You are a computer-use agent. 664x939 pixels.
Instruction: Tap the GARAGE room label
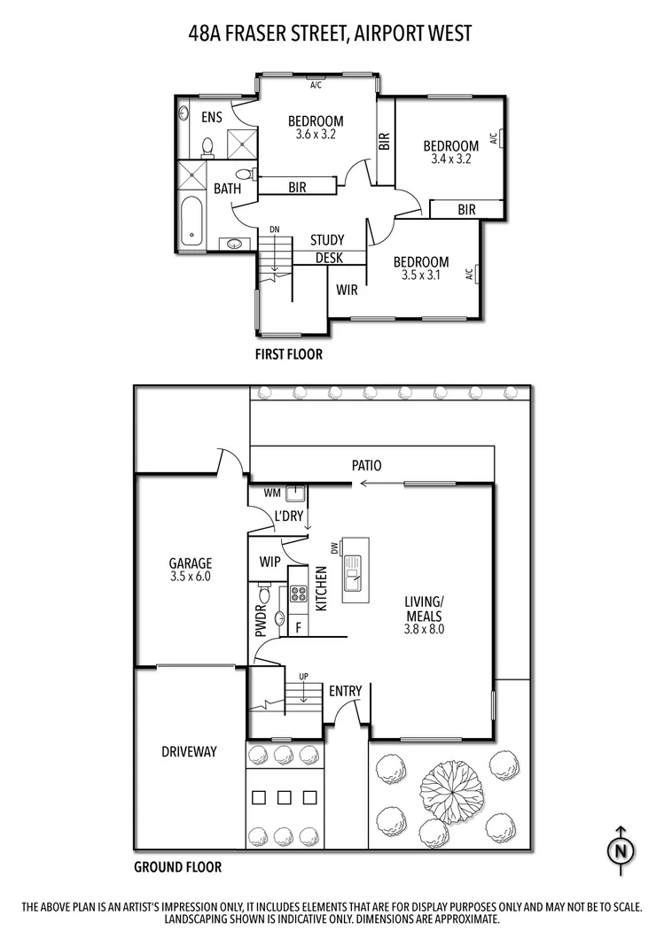click(x=191, y=563)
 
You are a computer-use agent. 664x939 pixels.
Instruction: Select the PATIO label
click(x=366, y=464)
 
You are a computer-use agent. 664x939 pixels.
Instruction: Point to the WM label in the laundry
click(x=271, y=492)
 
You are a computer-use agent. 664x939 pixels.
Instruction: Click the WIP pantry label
click(x=270, y=562)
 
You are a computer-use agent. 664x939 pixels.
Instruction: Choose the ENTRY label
click(x=345, y=691)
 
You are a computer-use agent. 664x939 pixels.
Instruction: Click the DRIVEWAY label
click(x=189, y=752)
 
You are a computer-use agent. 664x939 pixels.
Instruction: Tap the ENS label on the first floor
click(x=211, y=117)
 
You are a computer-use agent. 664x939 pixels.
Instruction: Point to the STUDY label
click(x=327, y=240)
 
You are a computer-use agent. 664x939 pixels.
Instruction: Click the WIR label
click(x=347, y=290)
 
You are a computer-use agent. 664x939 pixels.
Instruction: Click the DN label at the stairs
click(x=275, y=230)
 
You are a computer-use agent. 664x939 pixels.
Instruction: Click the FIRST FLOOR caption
click(x=289, y=354)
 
